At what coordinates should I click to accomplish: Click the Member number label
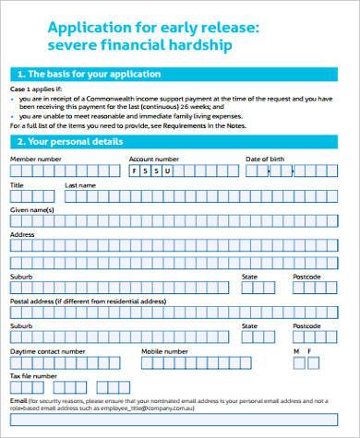click(35, 160)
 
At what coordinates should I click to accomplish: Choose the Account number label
click(154, 160)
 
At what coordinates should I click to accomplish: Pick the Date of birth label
click(265, 160)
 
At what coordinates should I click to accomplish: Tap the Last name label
click(80, 185)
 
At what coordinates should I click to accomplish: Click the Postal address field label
click(89, 302)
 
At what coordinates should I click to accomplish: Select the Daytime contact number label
click(46, 351)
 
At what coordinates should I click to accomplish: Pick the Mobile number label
click(164, 351)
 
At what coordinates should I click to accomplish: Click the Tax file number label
click(33, 376)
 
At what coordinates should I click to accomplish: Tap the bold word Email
click(18, 402)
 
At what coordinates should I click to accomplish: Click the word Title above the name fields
click(17, 185)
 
